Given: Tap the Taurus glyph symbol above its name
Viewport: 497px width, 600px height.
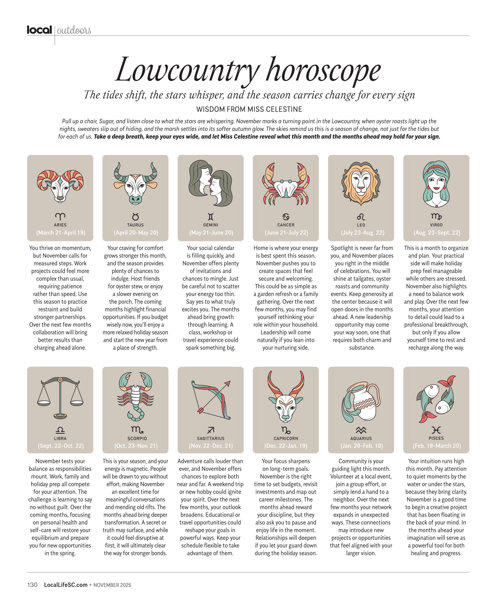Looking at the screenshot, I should [135, 217].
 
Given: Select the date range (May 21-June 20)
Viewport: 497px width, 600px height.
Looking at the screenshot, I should [211, 233].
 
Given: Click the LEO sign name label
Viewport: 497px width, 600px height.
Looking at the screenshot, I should [361, 225].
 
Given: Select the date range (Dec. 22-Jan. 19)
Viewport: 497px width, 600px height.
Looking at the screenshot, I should [286, 446].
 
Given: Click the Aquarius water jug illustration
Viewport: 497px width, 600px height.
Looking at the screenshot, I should [361, 401].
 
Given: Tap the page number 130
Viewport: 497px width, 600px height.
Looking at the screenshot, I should [32, 585].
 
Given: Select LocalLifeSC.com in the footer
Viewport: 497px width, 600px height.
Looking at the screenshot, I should [66, 585].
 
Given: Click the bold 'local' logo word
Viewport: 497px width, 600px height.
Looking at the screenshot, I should [39, 30].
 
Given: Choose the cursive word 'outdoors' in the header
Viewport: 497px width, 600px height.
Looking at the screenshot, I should [74, 30].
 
